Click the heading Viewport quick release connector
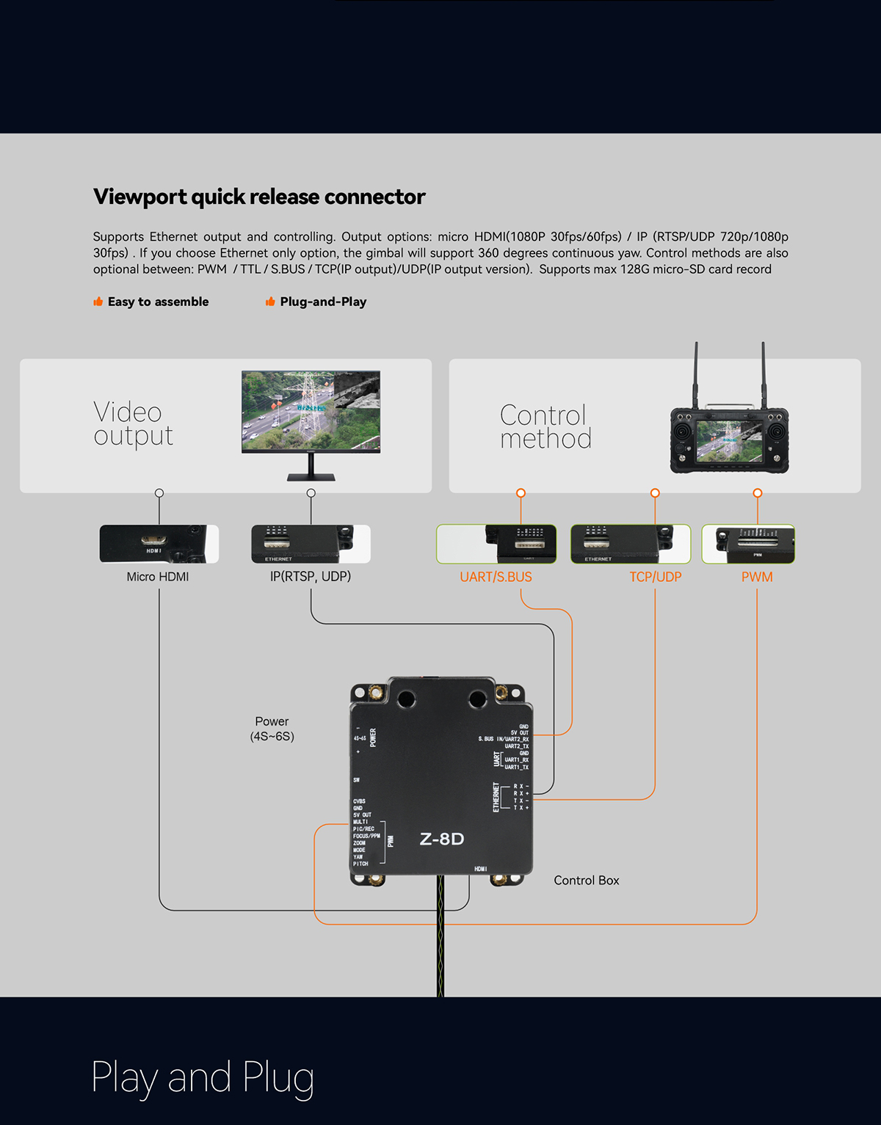click(x=259, y=197)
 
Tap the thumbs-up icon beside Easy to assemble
click(x=98, y=302)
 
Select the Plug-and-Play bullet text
click(x=323, y=302)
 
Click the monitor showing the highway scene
click(x=311, y=412)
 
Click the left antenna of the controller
click(x=696, y=374)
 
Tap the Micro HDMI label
click(x=157, y=577)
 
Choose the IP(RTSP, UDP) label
click(x=311, y=577)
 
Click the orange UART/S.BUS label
click(x=496, y=577)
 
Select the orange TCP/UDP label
click(x=655, y=577)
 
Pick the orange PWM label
click(x=757, y=577)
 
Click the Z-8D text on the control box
click(x=442, y=839)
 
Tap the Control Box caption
click(x=586, y=881)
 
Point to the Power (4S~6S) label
click(x=272, y=729)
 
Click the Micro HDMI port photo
click(x=159, y=544)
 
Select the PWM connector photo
click(x=748, y=544)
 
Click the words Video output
click(x=133, y=424)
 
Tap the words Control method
click(x=545, y=427)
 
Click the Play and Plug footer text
click(x=203, y=1077)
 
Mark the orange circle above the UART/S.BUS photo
click(x=521, y=492)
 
